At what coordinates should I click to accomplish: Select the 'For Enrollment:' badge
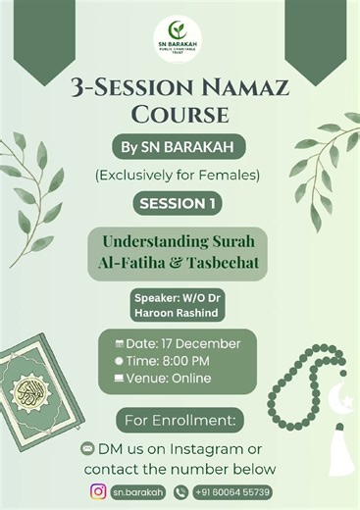click(x=180, y=420)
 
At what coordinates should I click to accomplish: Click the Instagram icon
click(x=98, y=491)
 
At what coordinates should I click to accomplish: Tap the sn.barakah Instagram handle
click(x=137, y=491)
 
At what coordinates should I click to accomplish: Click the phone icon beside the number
click(x=180, y=491)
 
